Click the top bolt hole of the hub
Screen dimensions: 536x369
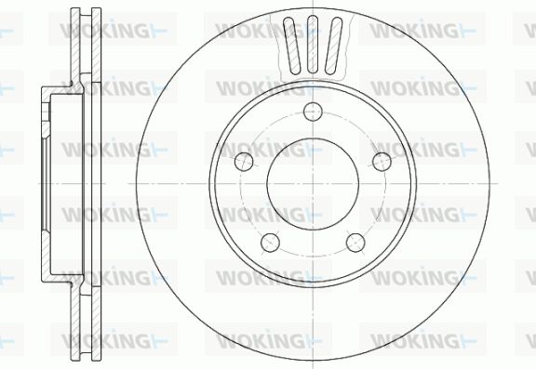click(313, 112)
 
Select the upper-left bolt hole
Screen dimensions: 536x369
click(245, 161)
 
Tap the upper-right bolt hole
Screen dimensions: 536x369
click(382, 161)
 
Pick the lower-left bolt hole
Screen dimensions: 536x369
click(270, 243)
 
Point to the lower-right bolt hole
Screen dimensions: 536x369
click(355, 243)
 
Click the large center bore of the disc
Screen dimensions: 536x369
click(313, 184)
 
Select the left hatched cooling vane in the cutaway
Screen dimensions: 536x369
click(291, 46)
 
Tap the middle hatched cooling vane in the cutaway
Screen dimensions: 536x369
click(313, 45)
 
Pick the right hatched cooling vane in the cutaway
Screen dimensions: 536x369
click(333, 46)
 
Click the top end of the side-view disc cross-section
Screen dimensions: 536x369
click(87, 8)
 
